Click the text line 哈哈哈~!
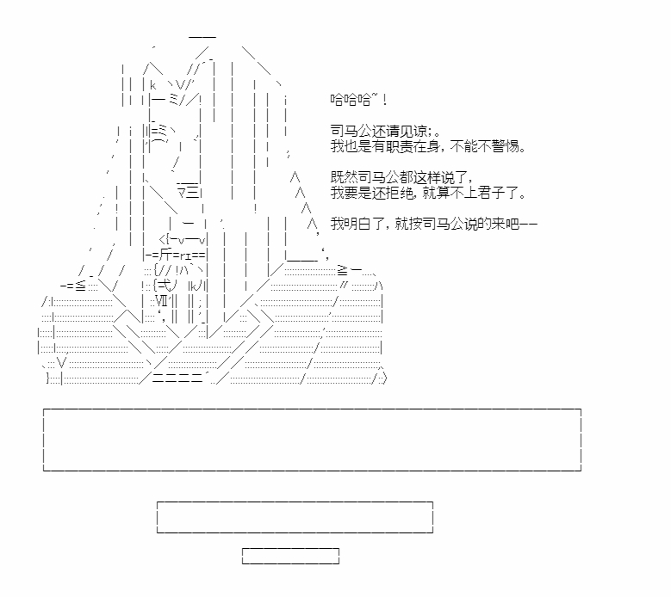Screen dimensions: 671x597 (x=358, y=100)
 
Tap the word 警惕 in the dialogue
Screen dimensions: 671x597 (x=505, y=146)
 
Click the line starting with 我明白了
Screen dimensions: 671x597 (x=433, y=224)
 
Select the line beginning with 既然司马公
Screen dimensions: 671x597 (x=401, y=177)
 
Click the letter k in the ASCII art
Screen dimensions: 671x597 (x=153, y=85)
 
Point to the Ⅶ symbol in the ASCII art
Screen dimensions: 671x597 (x=162, y=301)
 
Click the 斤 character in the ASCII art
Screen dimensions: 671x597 (x=165, y=255)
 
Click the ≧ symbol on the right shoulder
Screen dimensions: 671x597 (x=342, y=270)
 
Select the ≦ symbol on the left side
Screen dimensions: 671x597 (x=80, y=286)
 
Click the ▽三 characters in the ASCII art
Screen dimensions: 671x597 (x=189, y=193)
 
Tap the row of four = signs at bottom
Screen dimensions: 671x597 (x=177, y=379)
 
